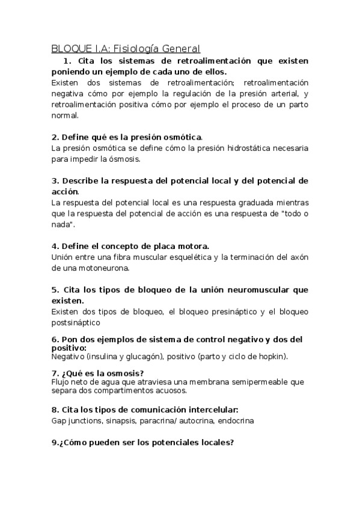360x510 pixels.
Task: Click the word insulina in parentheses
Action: [103, 356]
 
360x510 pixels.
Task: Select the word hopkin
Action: [270, 356]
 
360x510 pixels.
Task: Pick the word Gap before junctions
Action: [59, 420]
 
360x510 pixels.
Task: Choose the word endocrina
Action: [236, 420]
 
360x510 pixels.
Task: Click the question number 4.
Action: [55, 246]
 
